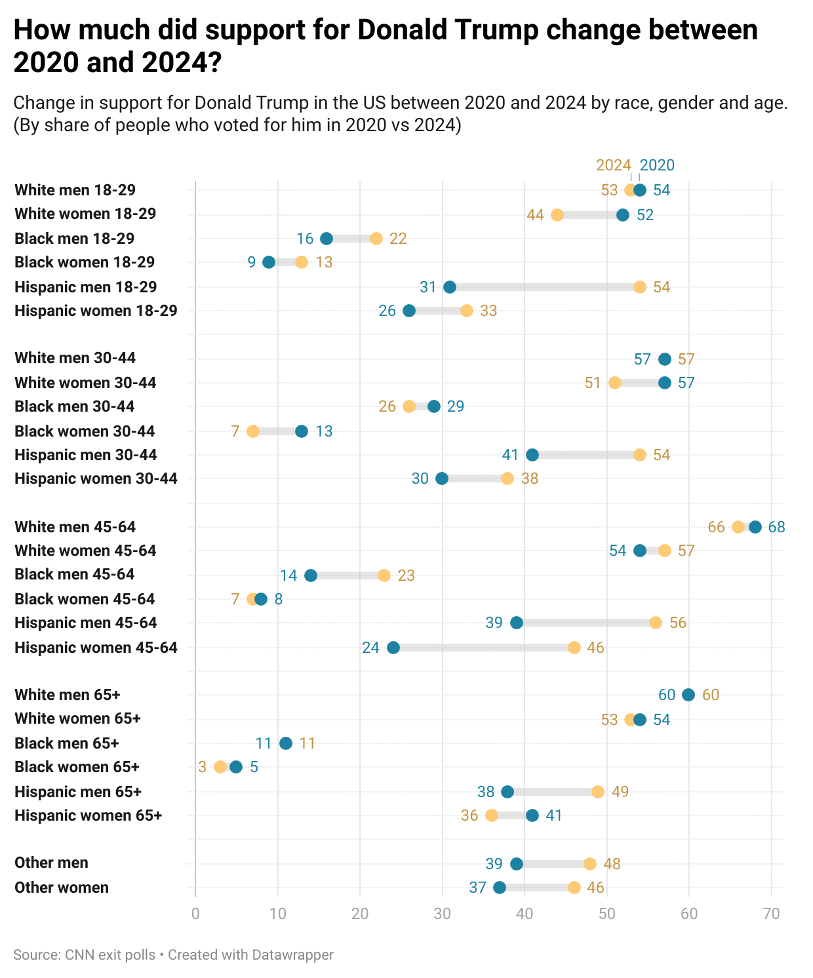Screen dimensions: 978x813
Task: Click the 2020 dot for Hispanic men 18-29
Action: point(450,287)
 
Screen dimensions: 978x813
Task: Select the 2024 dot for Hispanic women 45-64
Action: point(574,648)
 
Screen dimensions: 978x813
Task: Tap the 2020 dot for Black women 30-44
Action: point(302,431)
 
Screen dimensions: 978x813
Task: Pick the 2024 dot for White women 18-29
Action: point(557,215)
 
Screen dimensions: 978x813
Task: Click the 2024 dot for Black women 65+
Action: point(220,767)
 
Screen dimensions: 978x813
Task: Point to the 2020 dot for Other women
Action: point(500,888)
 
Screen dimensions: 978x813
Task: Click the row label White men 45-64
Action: point(75,527)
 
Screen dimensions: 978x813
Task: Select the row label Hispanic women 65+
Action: point(88,815)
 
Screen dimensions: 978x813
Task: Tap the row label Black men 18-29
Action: point(74,239)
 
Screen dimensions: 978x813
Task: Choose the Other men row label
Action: point(51,863)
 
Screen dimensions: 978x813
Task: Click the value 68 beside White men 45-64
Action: point(776,527)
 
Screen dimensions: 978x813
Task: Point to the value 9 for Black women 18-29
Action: point(252,262)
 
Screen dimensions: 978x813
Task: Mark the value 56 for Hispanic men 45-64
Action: point(678,623)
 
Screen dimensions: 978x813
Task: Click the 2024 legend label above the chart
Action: point(613,165)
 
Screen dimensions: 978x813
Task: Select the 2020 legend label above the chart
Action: point(657,165)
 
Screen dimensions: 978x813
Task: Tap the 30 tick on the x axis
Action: point(442,914)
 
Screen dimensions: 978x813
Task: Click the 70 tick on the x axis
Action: point(772,914)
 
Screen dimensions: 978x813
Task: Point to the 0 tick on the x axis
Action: point(195,914)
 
